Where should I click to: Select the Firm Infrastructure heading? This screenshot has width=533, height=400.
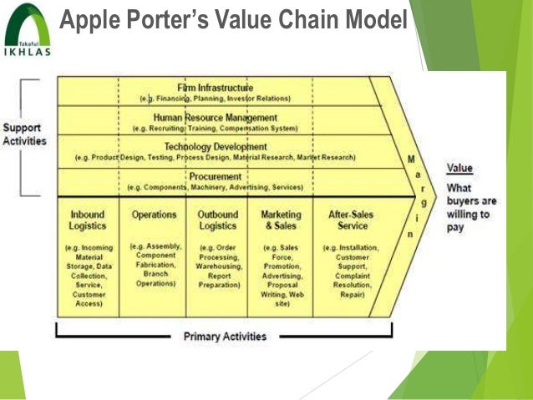click(215, 88)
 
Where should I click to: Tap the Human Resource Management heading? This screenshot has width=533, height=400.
click(216, 118)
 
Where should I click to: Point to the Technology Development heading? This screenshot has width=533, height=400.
click(216, 146)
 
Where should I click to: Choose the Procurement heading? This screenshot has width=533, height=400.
click(216, 176)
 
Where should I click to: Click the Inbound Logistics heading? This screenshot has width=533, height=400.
click(88, 220)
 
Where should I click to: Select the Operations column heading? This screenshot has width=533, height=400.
click(154, 215)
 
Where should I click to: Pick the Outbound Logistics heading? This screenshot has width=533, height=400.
click(218, 220)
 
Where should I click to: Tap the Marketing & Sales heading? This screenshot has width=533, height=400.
click(280, 220)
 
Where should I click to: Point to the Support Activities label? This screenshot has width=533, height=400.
click(25, 134)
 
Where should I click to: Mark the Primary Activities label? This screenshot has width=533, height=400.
click(224, 337)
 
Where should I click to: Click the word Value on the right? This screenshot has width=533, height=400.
click(459, 168)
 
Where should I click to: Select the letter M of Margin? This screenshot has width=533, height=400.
click(409, 157)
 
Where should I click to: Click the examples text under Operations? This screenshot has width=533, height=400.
click(154, 264)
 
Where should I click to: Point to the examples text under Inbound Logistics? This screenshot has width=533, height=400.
click(88, 276)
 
